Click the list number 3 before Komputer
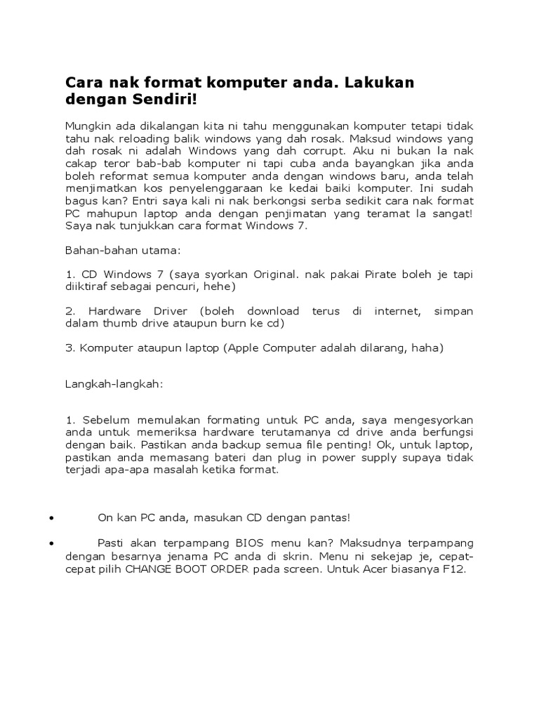pos(68,348)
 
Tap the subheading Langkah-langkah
pos(114,384)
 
